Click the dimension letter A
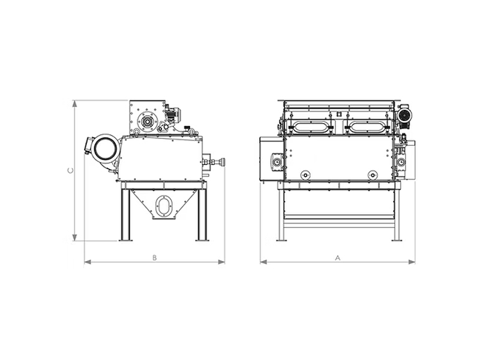point(338,258)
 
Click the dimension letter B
point(155,258)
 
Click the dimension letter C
point(70,170)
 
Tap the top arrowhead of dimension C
point(74,104)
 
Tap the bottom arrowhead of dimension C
point(74,238)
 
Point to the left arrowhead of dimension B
point(88,262)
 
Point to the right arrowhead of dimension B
point(221,262)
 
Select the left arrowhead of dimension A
point(264,262)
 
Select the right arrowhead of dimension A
point(412,262)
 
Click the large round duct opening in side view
point(106,149)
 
